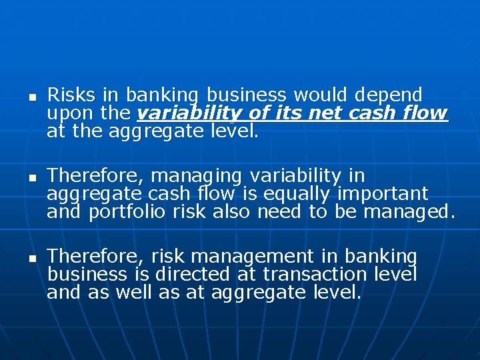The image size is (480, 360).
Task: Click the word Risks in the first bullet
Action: [x=71, y=95]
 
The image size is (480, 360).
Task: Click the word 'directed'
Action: [x=195, y=274]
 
